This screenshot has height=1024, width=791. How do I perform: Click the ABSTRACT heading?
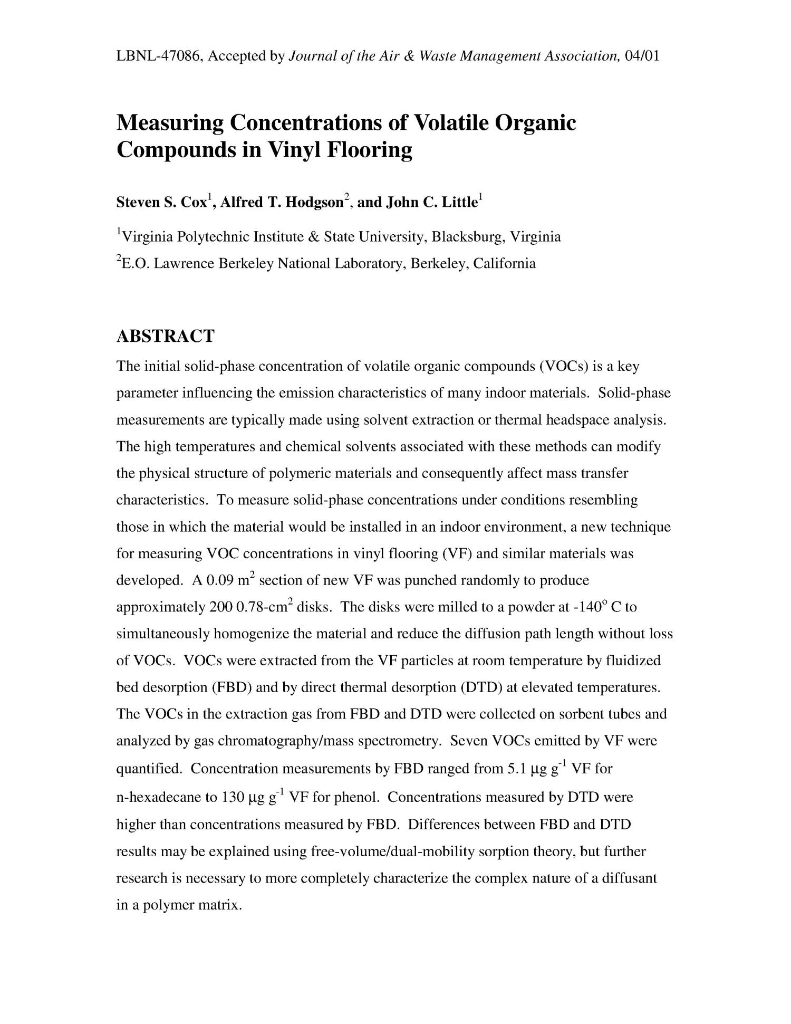pyautogui.click(x=165, y=336)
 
